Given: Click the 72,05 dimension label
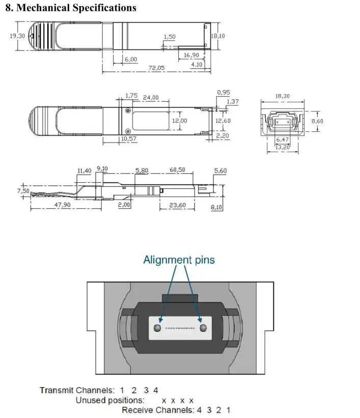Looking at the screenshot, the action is (156, 68).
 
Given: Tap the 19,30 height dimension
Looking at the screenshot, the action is (17, 36).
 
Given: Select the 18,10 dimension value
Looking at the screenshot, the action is (218, 36).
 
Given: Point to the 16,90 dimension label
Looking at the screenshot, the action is (191, 55).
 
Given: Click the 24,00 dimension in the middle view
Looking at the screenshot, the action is (151, 98).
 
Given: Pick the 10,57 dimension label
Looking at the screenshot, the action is (128, 138).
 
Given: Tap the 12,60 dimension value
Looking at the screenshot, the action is (223, 121).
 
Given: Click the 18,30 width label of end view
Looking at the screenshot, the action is (283, 96).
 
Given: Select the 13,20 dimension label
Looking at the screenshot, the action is (283, 147).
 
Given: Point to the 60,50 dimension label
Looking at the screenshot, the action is (177, 170).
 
